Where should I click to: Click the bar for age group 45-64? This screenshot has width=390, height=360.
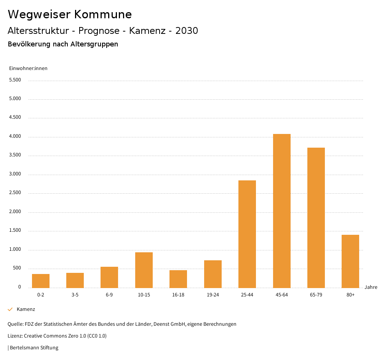pos(281,211)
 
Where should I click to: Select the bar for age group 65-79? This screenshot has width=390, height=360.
pos(316,218)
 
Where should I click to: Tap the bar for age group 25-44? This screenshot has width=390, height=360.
pos(247,234)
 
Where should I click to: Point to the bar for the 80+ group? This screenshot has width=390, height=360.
pos(350,261)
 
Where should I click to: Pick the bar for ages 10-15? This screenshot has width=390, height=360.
pos(144,270)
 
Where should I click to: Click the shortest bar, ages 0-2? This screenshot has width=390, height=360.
pos(41,281)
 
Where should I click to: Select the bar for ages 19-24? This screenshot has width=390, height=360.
pos(213,274)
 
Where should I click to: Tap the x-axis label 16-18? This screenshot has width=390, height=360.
pos(178,295)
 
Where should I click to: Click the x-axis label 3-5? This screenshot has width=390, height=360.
pos(75,295)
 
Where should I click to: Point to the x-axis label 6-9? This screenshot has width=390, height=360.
pos(109,295)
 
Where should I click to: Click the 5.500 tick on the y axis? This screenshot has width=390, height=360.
pos(15,80)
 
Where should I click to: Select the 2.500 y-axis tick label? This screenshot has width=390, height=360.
pos(15,193)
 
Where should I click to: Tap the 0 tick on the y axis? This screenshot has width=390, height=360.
pos(19,287)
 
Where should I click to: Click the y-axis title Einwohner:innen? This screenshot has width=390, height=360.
pos(28,68)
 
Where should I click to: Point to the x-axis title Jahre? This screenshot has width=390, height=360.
pos(371,287)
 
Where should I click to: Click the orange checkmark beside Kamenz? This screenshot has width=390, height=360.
pos(10,309)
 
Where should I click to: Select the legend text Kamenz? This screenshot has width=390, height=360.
pos(26,309)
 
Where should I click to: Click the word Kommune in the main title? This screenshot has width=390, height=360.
pos(103,14)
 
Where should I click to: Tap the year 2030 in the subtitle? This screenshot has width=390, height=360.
pos(187,31)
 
